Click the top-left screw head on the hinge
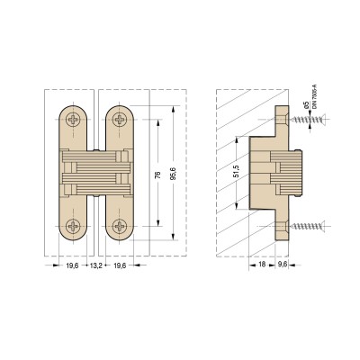[x=73, y=120]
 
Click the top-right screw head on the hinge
[x=120, y=120]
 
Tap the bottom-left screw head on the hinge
[x=73, y=226]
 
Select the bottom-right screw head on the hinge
[x=120, y=226]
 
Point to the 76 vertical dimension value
[x=158, y=175]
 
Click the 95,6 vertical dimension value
[x=173, y=174]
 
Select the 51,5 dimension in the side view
[x=237, y=171]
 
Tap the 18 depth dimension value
[x=262, y=265]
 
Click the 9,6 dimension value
[x=283, y=265]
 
